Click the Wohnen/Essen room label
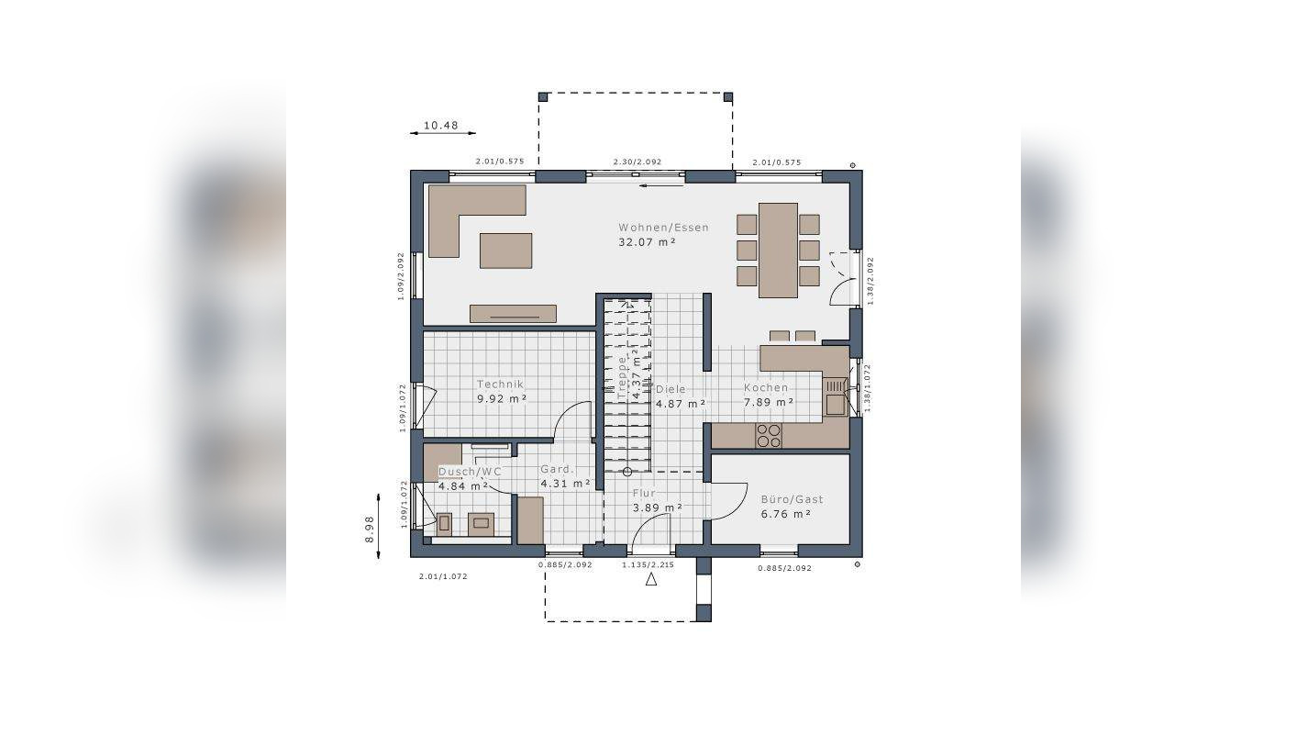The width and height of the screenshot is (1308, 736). (x=664, y=228)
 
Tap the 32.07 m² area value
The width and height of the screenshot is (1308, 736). (x=647, y=242)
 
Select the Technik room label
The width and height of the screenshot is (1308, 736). (x=501, y=385)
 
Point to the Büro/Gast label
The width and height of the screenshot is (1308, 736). (x=793, y=499)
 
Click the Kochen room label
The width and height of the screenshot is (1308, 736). (x=766, y=387)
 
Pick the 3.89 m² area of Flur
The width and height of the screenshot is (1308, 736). (x=658, y=507)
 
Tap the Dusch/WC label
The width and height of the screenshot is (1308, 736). (x=470, y=472)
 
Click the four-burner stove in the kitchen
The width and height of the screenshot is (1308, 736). (x=769, y=436)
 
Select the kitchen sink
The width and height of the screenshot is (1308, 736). (x=835, y=397)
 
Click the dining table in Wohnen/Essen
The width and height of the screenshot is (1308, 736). (x=778, y=251)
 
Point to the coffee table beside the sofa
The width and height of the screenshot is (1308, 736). (x=505, y=251)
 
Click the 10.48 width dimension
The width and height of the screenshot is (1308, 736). (x=441, y=125)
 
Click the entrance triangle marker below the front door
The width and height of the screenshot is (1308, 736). (x=650, y=579)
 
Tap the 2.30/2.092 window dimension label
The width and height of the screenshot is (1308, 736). (x=637, y=162)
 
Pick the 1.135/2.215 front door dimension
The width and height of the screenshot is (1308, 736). (x=648, y=565)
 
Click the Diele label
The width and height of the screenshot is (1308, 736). (x=671, y=389)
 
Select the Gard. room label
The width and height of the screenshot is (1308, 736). (x=558, y=469)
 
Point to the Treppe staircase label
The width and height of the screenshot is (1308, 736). (x=622, y=377)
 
